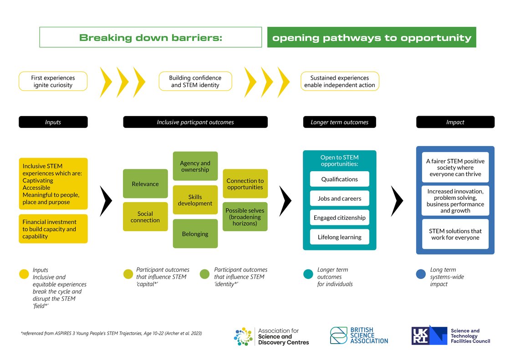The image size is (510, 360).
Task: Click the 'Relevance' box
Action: click(145, 184)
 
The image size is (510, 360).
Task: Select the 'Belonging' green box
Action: click(195, 234)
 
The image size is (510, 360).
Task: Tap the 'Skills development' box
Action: click(195, 200)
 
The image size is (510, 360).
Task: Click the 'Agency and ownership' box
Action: click(195, 166)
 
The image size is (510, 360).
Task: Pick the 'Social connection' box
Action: click(145, 217)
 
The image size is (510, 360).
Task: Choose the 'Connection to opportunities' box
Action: click(245, 184)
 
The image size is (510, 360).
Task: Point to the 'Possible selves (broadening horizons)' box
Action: click(245, 217)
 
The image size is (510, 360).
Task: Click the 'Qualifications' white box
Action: click(339, 179)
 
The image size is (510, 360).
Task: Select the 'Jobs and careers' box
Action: click(339, 198)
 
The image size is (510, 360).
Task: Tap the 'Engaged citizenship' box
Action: click(339, 218)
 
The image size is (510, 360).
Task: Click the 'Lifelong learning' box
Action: click(339, 237)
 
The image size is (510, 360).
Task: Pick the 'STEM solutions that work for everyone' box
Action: click(455, 234)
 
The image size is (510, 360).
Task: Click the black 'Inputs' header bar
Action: click(53, 122)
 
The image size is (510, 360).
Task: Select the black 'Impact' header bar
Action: click(455, 122)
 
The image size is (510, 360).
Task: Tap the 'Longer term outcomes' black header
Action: click(339, 122)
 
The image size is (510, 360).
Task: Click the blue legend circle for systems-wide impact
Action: click(421, 274)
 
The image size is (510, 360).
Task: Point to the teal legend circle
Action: click(308, 274)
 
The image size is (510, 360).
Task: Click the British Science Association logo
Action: click(359, 335)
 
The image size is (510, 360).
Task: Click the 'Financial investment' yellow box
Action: click(53, 229)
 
